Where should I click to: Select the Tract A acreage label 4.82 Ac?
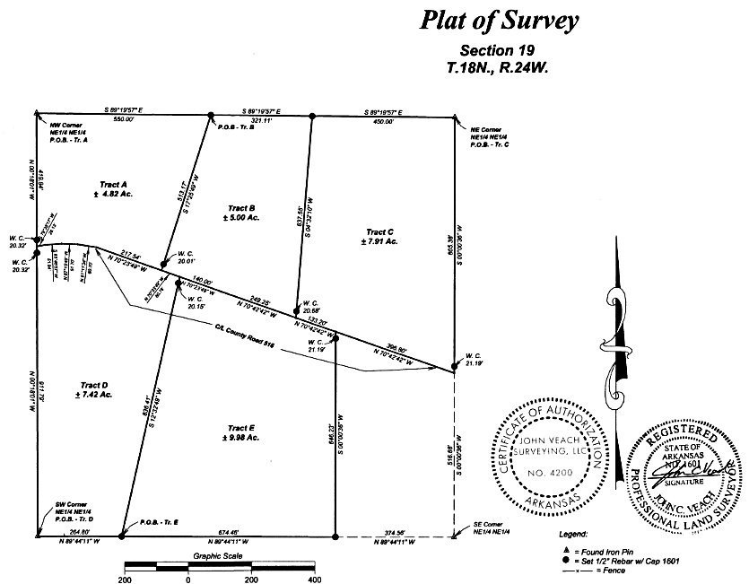point(113,194)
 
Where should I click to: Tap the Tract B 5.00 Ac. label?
point(243,217)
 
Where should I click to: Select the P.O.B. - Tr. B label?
point(237,126)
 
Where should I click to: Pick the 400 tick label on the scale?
point(314,580)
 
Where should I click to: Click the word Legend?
point(573,533)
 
